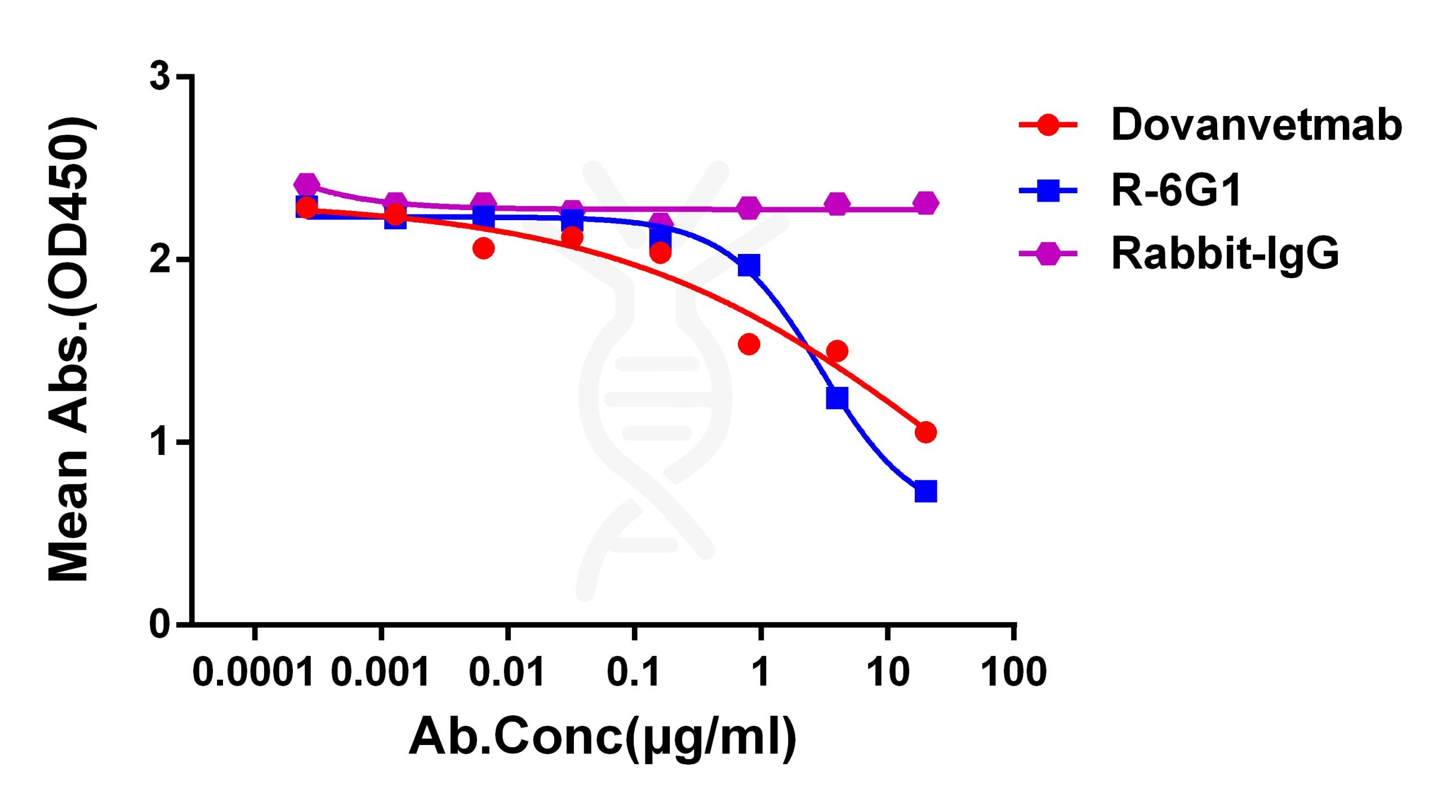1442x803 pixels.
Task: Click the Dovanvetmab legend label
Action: pyautogui.click(x=1256, y=125)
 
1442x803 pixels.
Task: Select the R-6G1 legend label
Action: pyautogui.click(x=1176, y=190)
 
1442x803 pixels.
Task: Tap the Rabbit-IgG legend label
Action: pyautogui.click(x=1225, y=254)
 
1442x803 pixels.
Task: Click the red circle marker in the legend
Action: pyautogui.click(x=1048, y=124)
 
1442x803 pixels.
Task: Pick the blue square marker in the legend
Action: pyautogui.click(x=1048, y=190)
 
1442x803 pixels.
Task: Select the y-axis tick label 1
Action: pyautogui.click(x=161, y=442)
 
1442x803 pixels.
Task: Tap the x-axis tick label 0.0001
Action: pyautogui.click(x=253, y=672)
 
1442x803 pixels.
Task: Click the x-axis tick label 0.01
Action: pyautogui.click(x=507, y=672)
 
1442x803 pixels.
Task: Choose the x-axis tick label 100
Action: pyautogui.click(x=1013, y=672)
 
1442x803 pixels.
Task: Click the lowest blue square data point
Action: pyautogui.click(x=925, y=491)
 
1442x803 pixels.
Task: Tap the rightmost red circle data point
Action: pyautogui.click(x=925, y=432)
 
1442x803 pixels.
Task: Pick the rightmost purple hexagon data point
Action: pyautogui.click(x=925, y=203)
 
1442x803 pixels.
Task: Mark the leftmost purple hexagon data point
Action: pyautogui.click(x=306, y=184)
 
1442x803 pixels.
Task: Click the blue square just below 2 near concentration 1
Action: pyautogui.click(x=749, y=265)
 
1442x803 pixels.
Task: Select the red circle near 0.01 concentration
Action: pyautogui.click(x=483, y=248)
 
